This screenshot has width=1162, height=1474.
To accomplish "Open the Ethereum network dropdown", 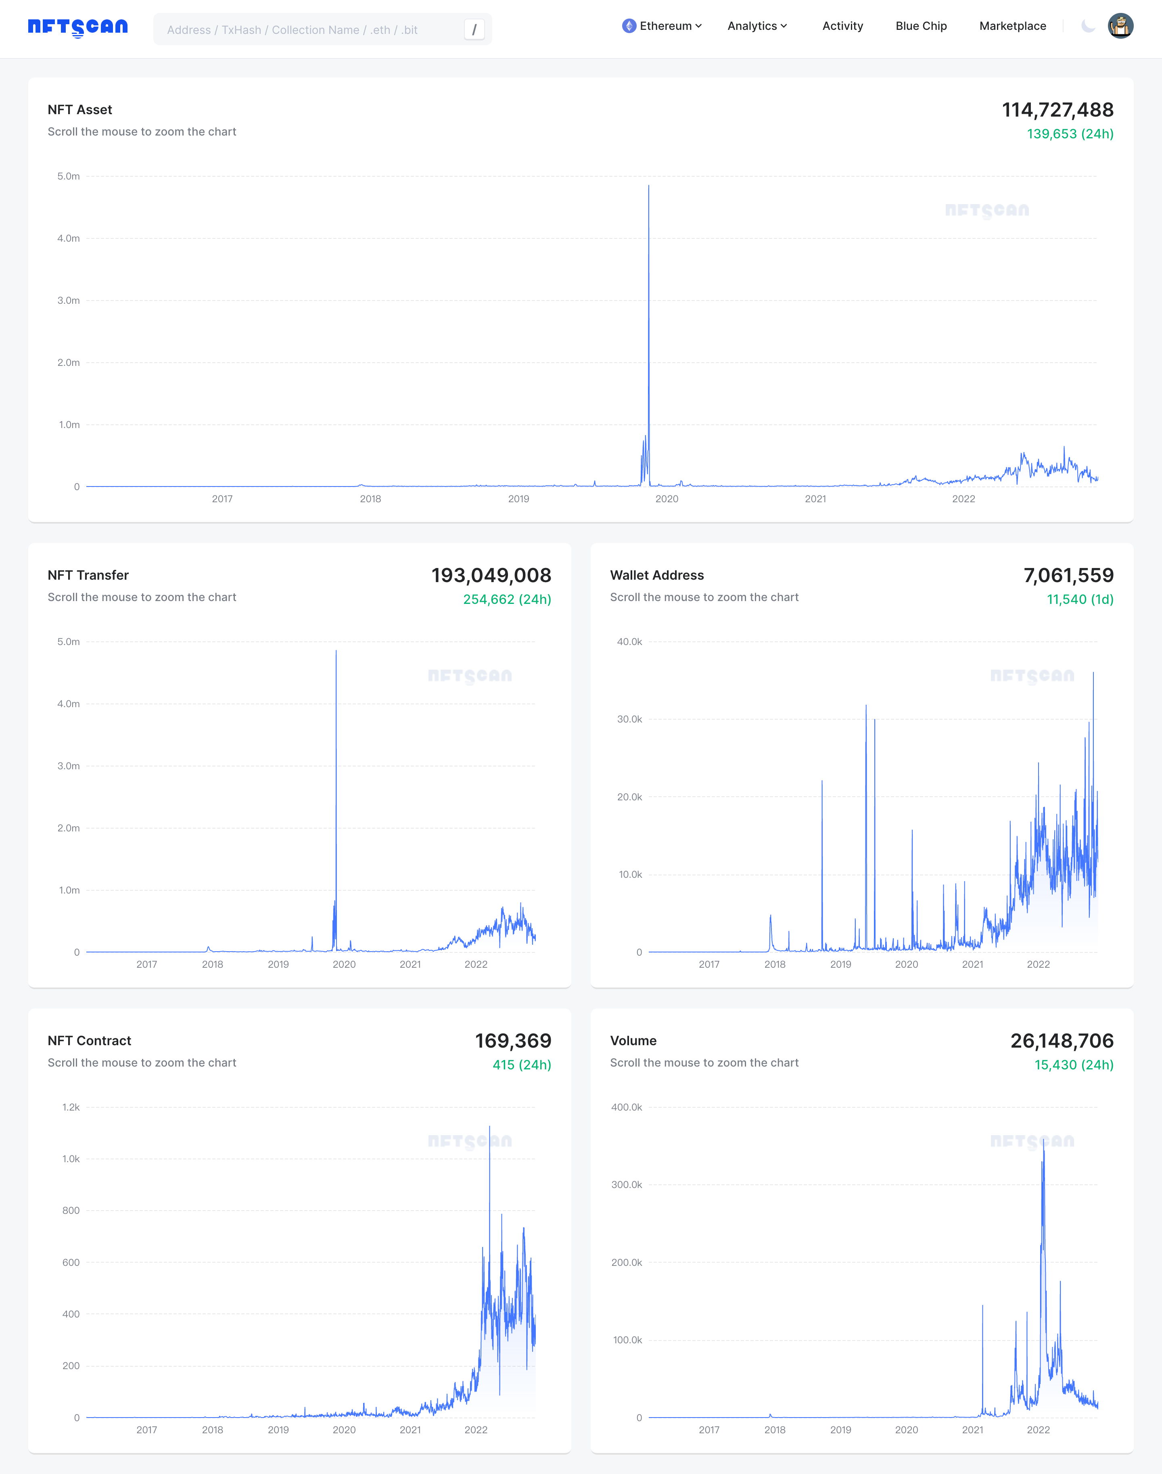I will pos(661,26).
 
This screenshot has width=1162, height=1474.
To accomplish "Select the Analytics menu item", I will pos(757,26).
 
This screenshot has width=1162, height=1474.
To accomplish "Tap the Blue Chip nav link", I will pos(920,26).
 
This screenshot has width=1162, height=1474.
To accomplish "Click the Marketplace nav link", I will pos(1012,26).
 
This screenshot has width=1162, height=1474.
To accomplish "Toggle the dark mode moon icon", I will pos(1088,26).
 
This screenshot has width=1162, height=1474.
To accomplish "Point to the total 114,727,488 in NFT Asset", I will pos(1057,109).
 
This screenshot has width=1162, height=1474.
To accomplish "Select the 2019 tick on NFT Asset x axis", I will pos(518,499).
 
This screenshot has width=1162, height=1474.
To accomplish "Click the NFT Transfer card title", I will pos(88,575).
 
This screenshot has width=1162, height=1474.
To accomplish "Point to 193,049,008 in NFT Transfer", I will pos(491,576).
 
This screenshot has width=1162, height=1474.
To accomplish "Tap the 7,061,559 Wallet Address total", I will pos(1068,576).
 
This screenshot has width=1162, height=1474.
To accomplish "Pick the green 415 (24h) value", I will pos(522,1065).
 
